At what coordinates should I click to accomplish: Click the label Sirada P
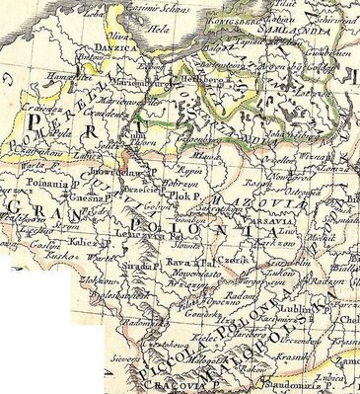click(137, 266)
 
